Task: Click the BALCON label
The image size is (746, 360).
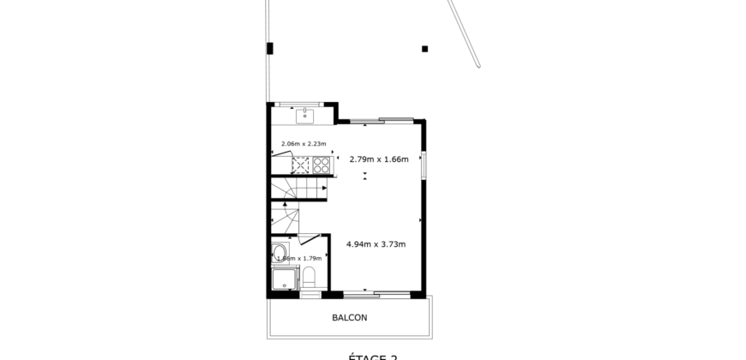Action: pyautogui.click(x=349, y=317)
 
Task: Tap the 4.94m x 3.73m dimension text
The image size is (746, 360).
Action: pyautogui.click(x=376, y=243)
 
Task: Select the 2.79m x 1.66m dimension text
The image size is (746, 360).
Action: pyautogui.click(x=378, y=159)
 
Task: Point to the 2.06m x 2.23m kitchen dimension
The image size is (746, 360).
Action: pyautogui.click(x=304, y=144)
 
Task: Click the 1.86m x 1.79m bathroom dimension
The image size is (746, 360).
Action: pyautogui.click(x=300, y=258)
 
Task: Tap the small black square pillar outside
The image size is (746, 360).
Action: pyautogui.click(x=425, y=49)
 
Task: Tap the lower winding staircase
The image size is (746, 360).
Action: pyautogui.click(x=284, y=219)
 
